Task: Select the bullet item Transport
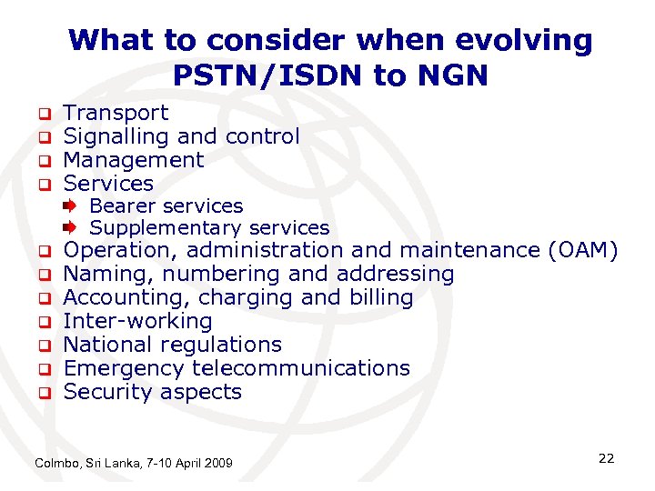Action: (116, 113)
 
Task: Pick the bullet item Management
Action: (133, 160)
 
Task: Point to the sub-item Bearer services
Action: (166, 206)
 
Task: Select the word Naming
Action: (99, 274)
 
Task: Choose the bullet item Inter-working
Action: (137, 321)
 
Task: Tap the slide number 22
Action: (606, 458)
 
